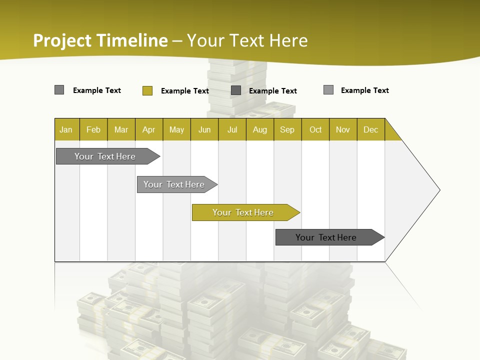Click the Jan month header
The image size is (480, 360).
pos(66,129)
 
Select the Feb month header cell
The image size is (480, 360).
pos(93,129)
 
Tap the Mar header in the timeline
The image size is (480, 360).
pos(121,129)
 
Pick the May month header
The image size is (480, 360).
pos(176,129)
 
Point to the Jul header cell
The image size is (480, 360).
pos(232,129)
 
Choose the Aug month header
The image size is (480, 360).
pos(260,129)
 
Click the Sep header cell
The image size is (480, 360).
pos(287,129)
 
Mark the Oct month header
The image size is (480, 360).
pos(315,129)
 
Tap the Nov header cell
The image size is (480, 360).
pos(343,129)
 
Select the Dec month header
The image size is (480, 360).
pos(371,129)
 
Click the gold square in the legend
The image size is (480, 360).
pos(147,90)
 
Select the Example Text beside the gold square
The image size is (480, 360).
pos(185,91)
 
